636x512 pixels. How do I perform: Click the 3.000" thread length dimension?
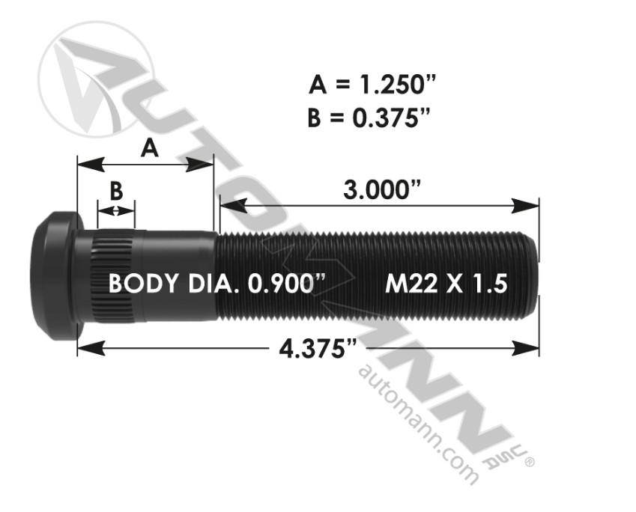[x=382, y=190]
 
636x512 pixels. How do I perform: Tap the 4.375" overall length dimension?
[x=318, y=348]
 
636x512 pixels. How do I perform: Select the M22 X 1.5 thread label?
[x=446, y=284]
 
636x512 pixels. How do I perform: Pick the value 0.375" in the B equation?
[x=390, y=118]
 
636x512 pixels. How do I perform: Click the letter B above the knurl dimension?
[x=116, y=191]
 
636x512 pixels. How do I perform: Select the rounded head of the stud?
[x=57, y=276]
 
